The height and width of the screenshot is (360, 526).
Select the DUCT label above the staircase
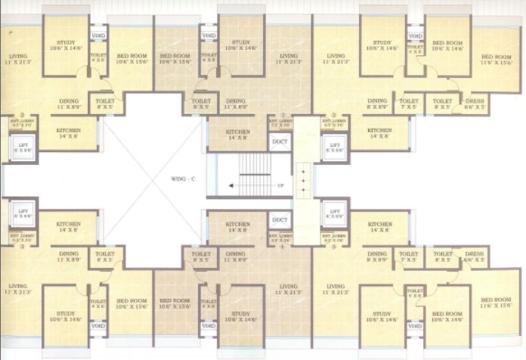click(x=280, y=140)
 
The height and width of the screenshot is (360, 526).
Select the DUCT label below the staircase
click(x=280, y=220)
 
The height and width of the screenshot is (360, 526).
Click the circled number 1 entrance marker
click(x=281, y=115)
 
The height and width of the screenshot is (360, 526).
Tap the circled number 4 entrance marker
click(x=281, y=247)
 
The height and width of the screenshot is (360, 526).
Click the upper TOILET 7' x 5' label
click(x=408, y=104)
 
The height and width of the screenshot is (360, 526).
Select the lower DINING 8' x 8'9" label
click(x=377, y=258)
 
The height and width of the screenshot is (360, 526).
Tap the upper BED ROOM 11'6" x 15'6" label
click(x=497, y=60)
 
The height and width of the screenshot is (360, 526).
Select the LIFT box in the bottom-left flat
click(x=23, y=214)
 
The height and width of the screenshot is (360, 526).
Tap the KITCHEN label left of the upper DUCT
click(x=237, y=134)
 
